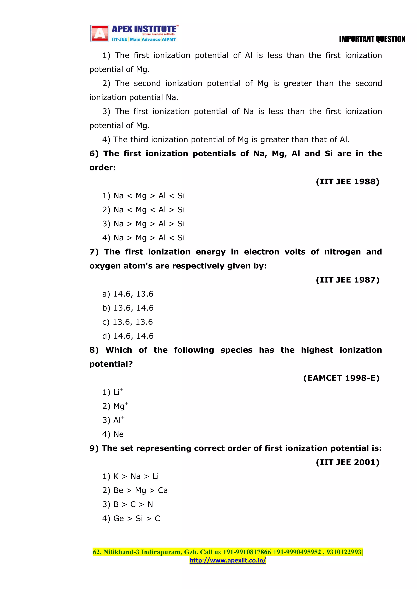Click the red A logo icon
pos(100,33)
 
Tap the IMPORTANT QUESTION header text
pos(372,39)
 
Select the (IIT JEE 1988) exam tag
pos(347,182)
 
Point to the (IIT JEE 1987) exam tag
pos(347,280)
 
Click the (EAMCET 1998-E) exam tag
pos(341,378)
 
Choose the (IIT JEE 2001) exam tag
pos(347,462)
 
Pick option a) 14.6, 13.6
pos(128,294)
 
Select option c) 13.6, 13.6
pos(127,322)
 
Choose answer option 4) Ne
pos(113,434)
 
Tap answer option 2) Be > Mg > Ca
pos(135,491)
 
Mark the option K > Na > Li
pos(131,476)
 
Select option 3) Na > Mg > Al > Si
pos(143,224)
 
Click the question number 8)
pos(94,350)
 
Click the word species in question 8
pos(236,350)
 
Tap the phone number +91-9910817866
pos(247,552)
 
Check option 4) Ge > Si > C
pos(131,518)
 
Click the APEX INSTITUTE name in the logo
pos(144,29)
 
